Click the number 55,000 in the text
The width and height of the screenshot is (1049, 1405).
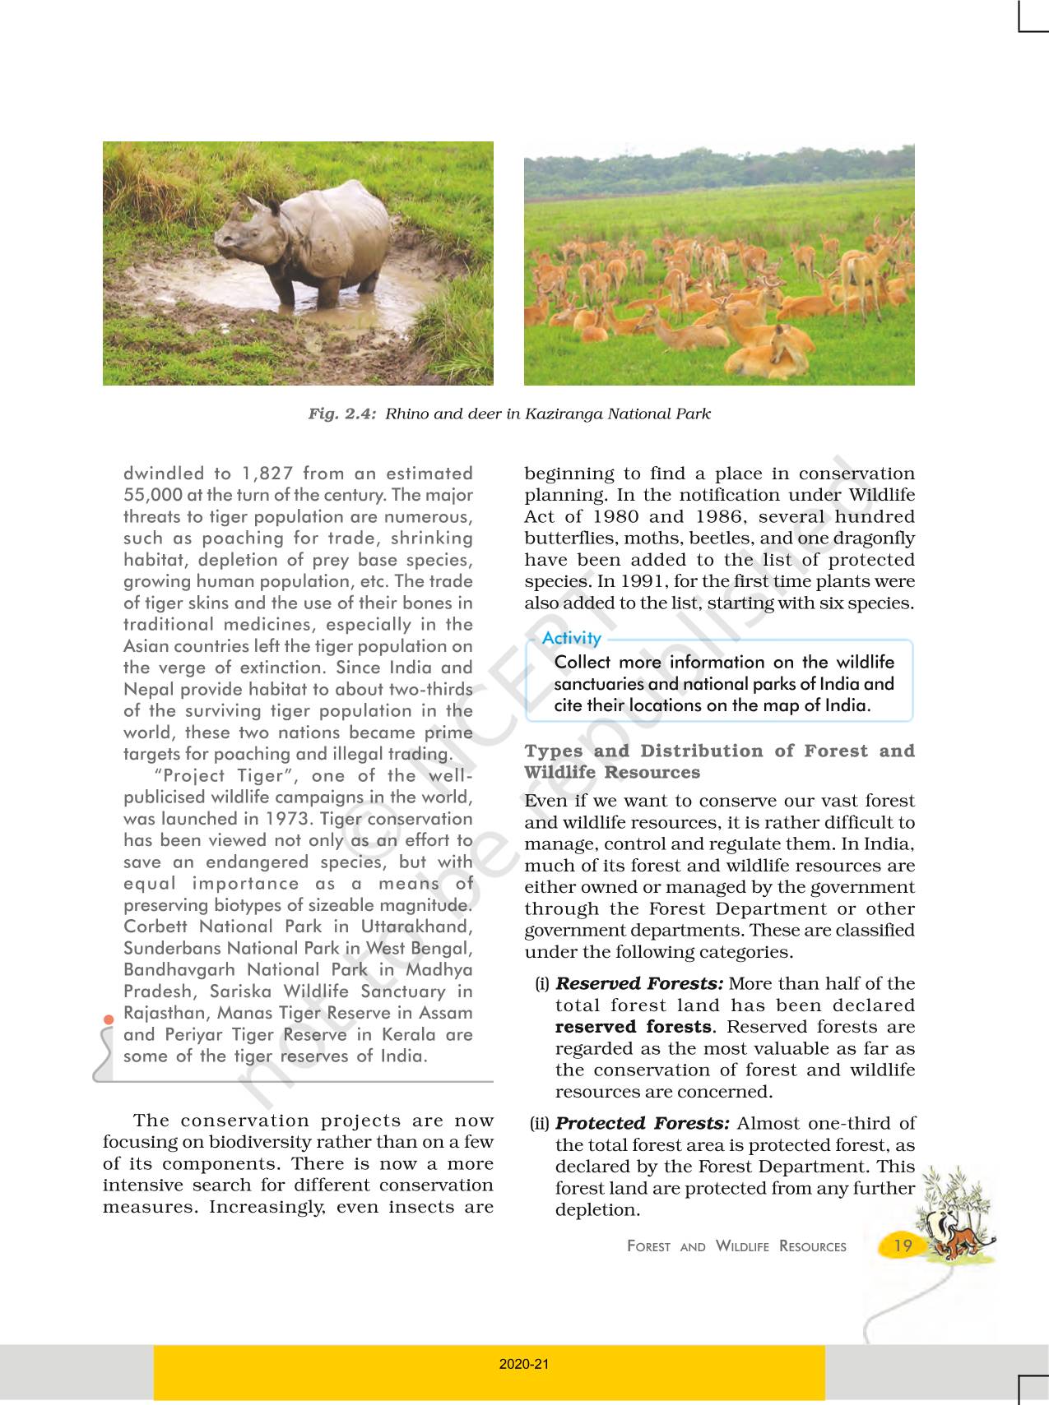click(x=152, y=495)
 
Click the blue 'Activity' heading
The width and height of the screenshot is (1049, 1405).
click(x=571, y=639)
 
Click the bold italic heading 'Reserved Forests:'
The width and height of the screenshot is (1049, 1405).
click(x=639, y=984)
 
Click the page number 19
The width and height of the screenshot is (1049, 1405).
click(x=903, y=1246)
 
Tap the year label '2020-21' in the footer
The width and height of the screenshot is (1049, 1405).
click(x=524, y=1365)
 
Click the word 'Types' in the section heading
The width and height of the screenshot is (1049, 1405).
click(x=554, y=751)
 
